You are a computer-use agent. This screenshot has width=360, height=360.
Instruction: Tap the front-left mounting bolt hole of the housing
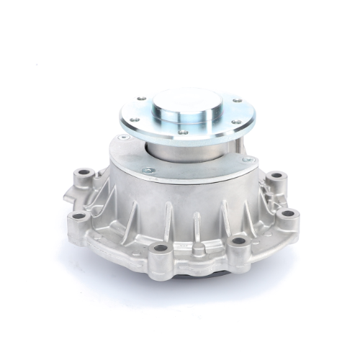point(161,249)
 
